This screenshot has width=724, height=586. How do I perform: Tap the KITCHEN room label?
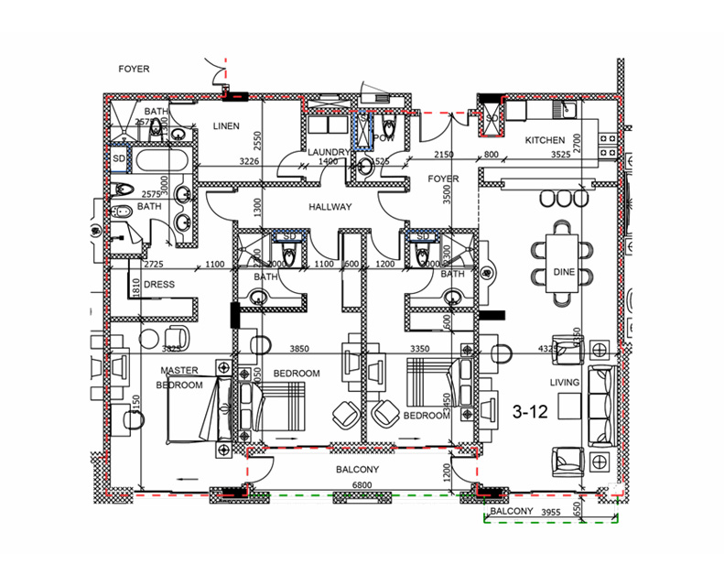545,140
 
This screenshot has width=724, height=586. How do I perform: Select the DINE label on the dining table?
564,272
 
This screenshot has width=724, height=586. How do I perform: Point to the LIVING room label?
565,382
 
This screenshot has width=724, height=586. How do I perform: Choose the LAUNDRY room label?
329,152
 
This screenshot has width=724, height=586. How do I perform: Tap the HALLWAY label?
330,207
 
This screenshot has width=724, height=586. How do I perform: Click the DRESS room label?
159,285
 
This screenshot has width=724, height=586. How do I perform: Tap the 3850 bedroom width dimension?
303,349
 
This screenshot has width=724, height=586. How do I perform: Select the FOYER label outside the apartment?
134,69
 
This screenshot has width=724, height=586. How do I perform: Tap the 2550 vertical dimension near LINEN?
259,140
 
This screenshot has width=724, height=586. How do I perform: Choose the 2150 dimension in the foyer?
443,155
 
